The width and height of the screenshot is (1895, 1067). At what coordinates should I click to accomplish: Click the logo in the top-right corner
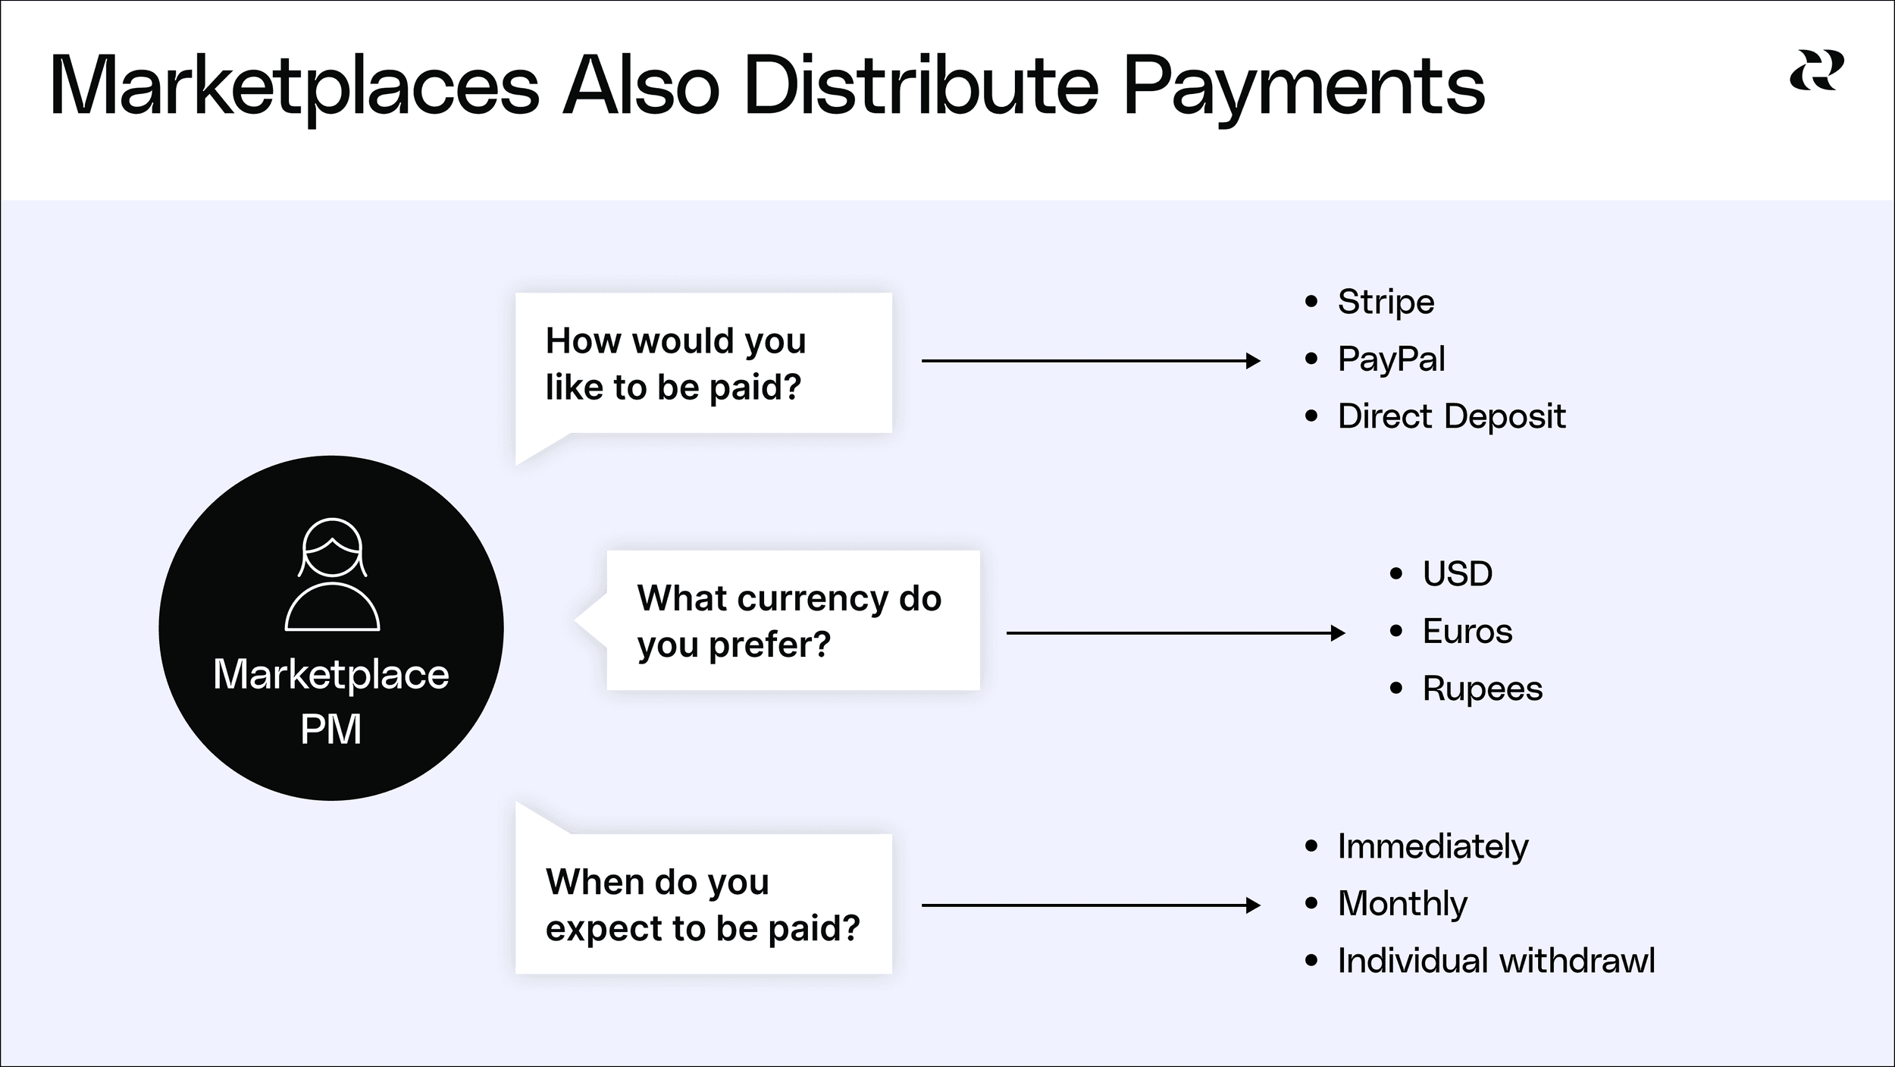pos(1816,71)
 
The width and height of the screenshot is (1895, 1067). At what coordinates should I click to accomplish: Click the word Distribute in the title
pos(920,86)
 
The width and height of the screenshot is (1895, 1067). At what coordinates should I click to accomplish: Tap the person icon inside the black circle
pos(332,574)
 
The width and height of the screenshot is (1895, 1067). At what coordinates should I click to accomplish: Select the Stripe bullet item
pos(1386,302)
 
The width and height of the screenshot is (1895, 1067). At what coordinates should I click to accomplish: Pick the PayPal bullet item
pos(1391,359)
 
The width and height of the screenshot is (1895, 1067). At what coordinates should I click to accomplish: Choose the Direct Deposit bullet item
pos(1451,416)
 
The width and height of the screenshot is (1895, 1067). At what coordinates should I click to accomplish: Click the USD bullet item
pos(1457,573)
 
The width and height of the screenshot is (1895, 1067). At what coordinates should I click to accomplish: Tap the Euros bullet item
pos(1467,631)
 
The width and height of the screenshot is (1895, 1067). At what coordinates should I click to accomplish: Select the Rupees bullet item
pos(1482,689)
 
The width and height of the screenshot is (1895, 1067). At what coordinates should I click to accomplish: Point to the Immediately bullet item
pos(1433,846)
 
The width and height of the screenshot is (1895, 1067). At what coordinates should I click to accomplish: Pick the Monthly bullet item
pos(1402,903)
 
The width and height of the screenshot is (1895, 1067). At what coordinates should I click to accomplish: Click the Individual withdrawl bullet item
pos(1496,961)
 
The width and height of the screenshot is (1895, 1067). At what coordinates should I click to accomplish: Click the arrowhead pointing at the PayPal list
pos(1253,361)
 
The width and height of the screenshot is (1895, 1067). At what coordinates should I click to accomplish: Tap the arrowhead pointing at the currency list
pos(1338,632)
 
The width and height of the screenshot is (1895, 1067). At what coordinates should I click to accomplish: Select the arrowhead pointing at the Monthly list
pos(1253,905)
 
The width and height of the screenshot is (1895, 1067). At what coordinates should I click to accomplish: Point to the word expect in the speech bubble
pos(603,929)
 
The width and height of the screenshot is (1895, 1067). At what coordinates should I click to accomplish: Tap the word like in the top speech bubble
pos(573,388)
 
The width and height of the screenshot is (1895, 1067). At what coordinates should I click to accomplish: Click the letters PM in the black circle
pos(330,730)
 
